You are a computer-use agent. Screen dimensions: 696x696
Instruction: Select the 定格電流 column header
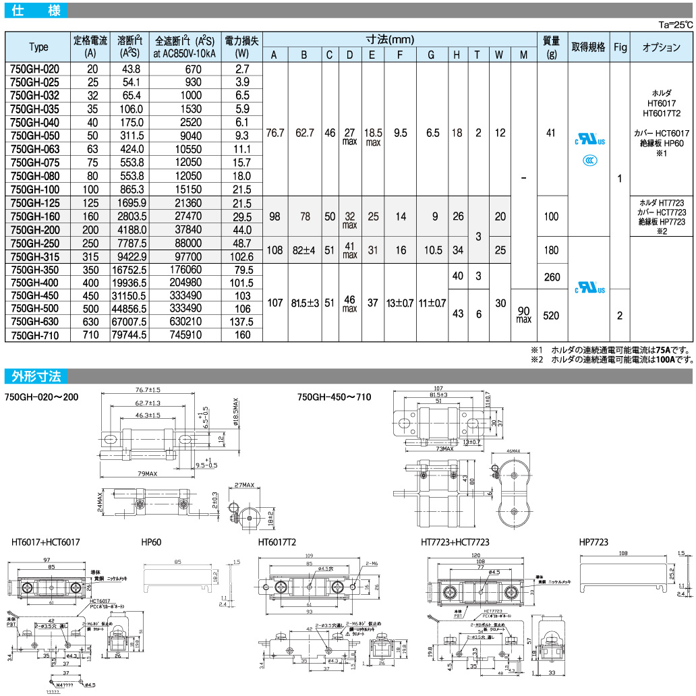[x=90, y=47]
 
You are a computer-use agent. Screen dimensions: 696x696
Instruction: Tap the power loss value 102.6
[x=242, y=256]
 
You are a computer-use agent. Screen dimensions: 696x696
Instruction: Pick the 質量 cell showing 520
[x=552, y=315]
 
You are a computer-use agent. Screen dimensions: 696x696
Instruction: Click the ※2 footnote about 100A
[x=611, y=359]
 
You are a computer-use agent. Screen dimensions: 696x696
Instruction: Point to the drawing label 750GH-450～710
[x=335, y=397]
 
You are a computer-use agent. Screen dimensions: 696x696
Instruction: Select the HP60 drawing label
[x=150, y=542]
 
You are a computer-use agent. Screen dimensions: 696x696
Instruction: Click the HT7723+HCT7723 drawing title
[x=455, y=542]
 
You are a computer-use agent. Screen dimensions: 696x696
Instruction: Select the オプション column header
[x=662, y=47]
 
